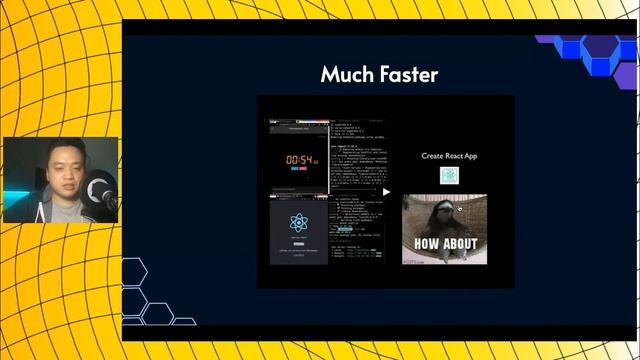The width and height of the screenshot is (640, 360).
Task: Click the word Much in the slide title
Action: (344, 74)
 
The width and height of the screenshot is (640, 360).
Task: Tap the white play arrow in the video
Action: (386, 192)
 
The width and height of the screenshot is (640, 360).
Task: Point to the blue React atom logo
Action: (297, 222)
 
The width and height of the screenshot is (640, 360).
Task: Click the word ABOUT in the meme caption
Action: (458, 243)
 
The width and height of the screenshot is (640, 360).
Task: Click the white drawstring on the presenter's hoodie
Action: (51, 211)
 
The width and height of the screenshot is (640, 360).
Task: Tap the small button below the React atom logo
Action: (297, 243)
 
